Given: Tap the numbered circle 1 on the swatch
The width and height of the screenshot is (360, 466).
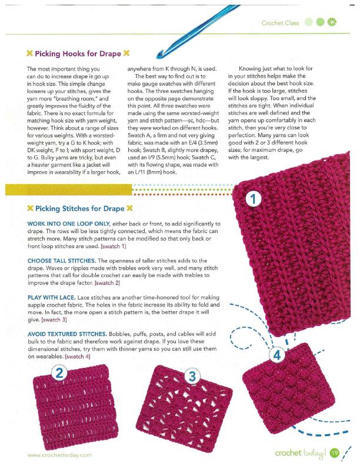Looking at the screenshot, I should click(x=254, y=199).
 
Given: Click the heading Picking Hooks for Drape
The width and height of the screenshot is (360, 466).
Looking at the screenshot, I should click(x=76, y=54).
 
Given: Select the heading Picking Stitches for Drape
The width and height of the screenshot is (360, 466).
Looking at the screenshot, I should click(x=79, y=208).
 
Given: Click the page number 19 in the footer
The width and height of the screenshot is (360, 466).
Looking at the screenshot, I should click(x=335, y=452).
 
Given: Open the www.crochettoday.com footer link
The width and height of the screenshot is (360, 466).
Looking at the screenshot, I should click(x=59, y=455).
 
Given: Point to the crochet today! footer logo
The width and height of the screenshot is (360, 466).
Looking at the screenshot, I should click(x=301, y=452).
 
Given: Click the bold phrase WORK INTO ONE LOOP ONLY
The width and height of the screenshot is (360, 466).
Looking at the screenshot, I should click(x=71, y=224).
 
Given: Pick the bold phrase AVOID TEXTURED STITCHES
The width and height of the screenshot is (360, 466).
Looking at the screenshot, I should click(x=68, y=334).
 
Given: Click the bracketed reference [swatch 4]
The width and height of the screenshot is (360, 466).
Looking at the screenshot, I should click(x=78, y=357).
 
